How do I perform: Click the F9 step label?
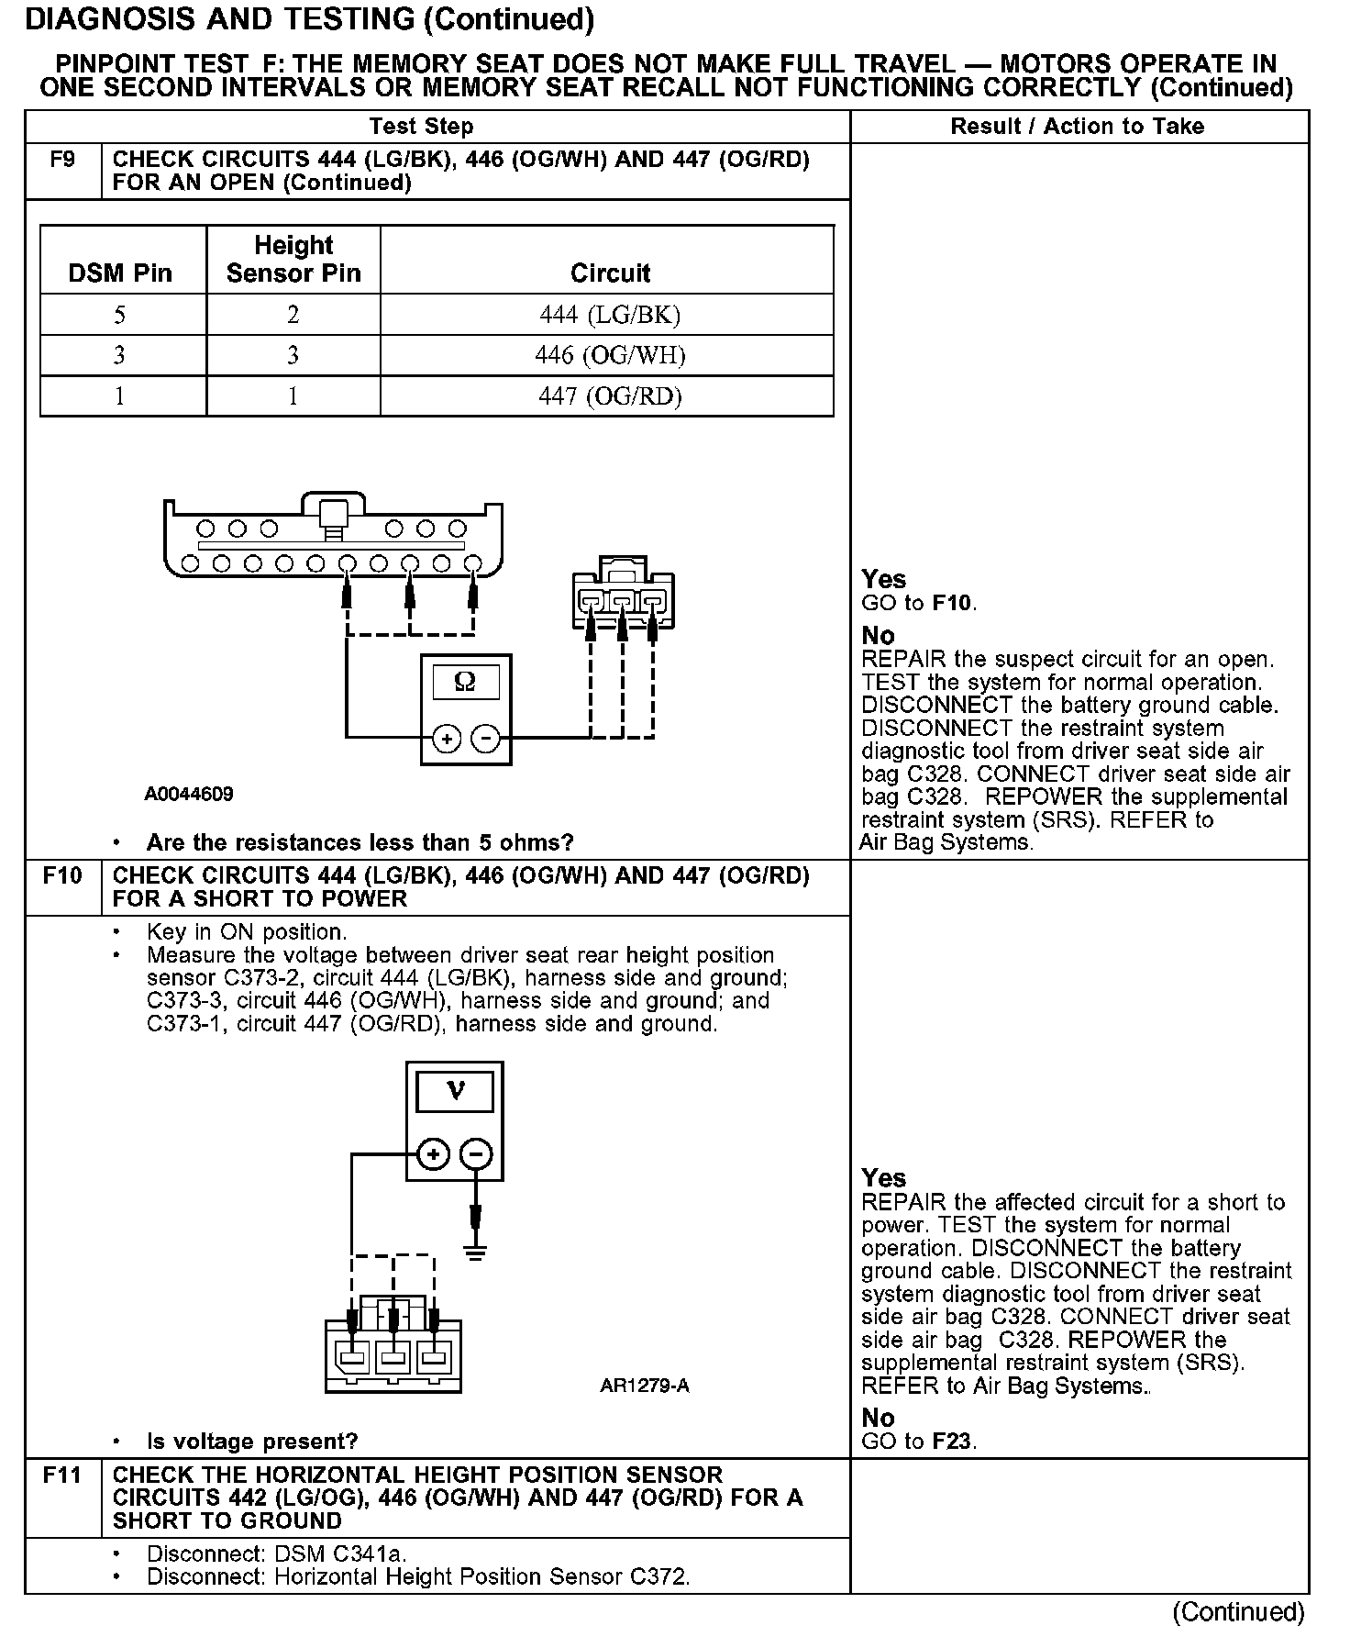pos(62,161)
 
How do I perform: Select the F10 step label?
pos(62,876)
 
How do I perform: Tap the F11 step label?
pos(62,1475)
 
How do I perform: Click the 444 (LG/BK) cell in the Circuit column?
pos(610,316)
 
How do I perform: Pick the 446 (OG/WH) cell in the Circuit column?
pos(610,356)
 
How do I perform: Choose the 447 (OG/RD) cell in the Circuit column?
pos(610,396)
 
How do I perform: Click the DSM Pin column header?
pos(120,273)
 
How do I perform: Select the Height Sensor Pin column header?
pos(293,260)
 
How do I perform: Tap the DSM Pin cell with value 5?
pos(120,316)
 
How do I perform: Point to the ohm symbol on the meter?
pos(465,682)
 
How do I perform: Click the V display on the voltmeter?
pos(455,1091)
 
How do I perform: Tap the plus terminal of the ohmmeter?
pos(447,738)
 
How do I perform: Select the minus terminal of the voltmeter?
pos(475,1154)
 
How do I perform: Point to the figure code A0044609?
pos(189,794)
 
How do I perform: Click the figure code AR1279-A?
pos(644,1386)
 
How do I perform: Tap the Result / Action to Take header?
pos(1078,127)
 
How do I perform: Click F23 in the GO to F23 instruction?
pos(952,1442)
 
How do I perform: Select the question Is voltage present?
pos(252,1442)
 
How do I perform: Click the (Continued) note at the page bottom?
pos(1238,1612)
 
